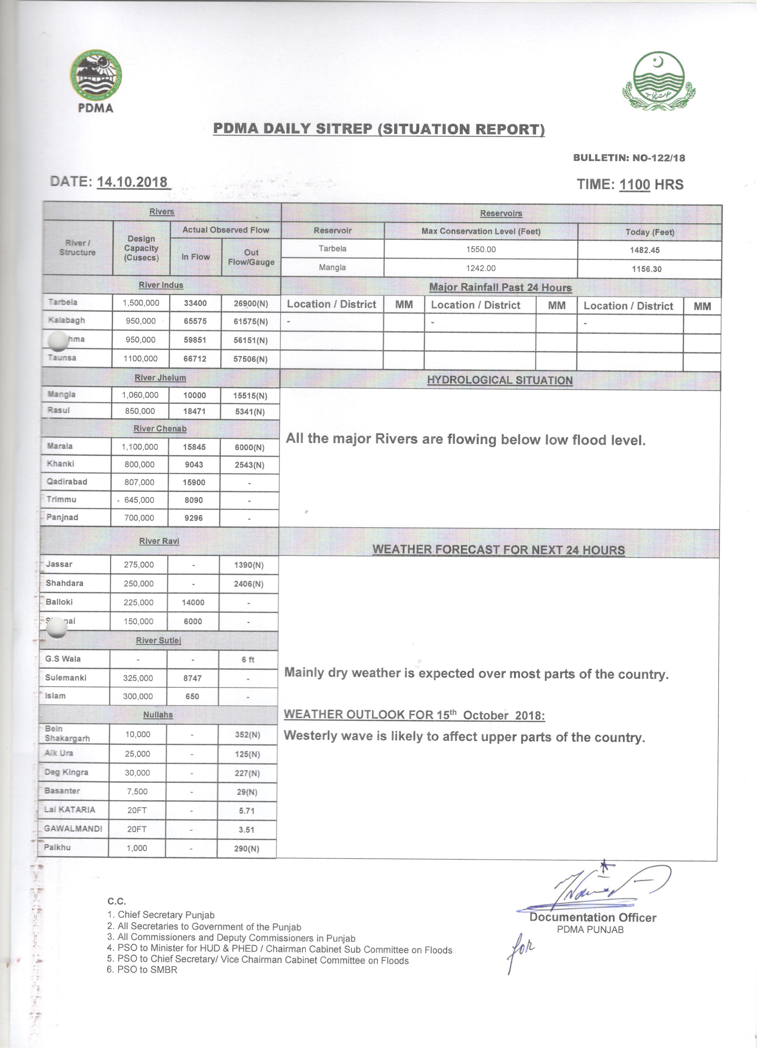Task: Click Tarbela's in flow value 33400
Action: (195, 303)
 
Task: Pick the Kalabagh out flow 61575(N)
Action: (251, 322)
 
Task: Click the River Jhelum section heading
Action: (160, 378)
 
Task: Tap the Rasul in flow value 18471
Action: (194, 411)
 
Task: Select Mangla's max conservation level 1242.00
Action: (481, 268)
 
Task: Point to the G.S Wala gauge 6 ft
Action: (248, 659)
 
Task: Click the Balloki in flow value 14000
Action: (193, 603)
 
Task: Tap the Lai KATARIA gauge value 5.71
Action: (246, 811)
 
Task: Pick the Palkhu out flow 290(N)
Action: (246, 848)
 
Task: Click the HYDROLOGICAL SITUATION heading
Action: (500, 380)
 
